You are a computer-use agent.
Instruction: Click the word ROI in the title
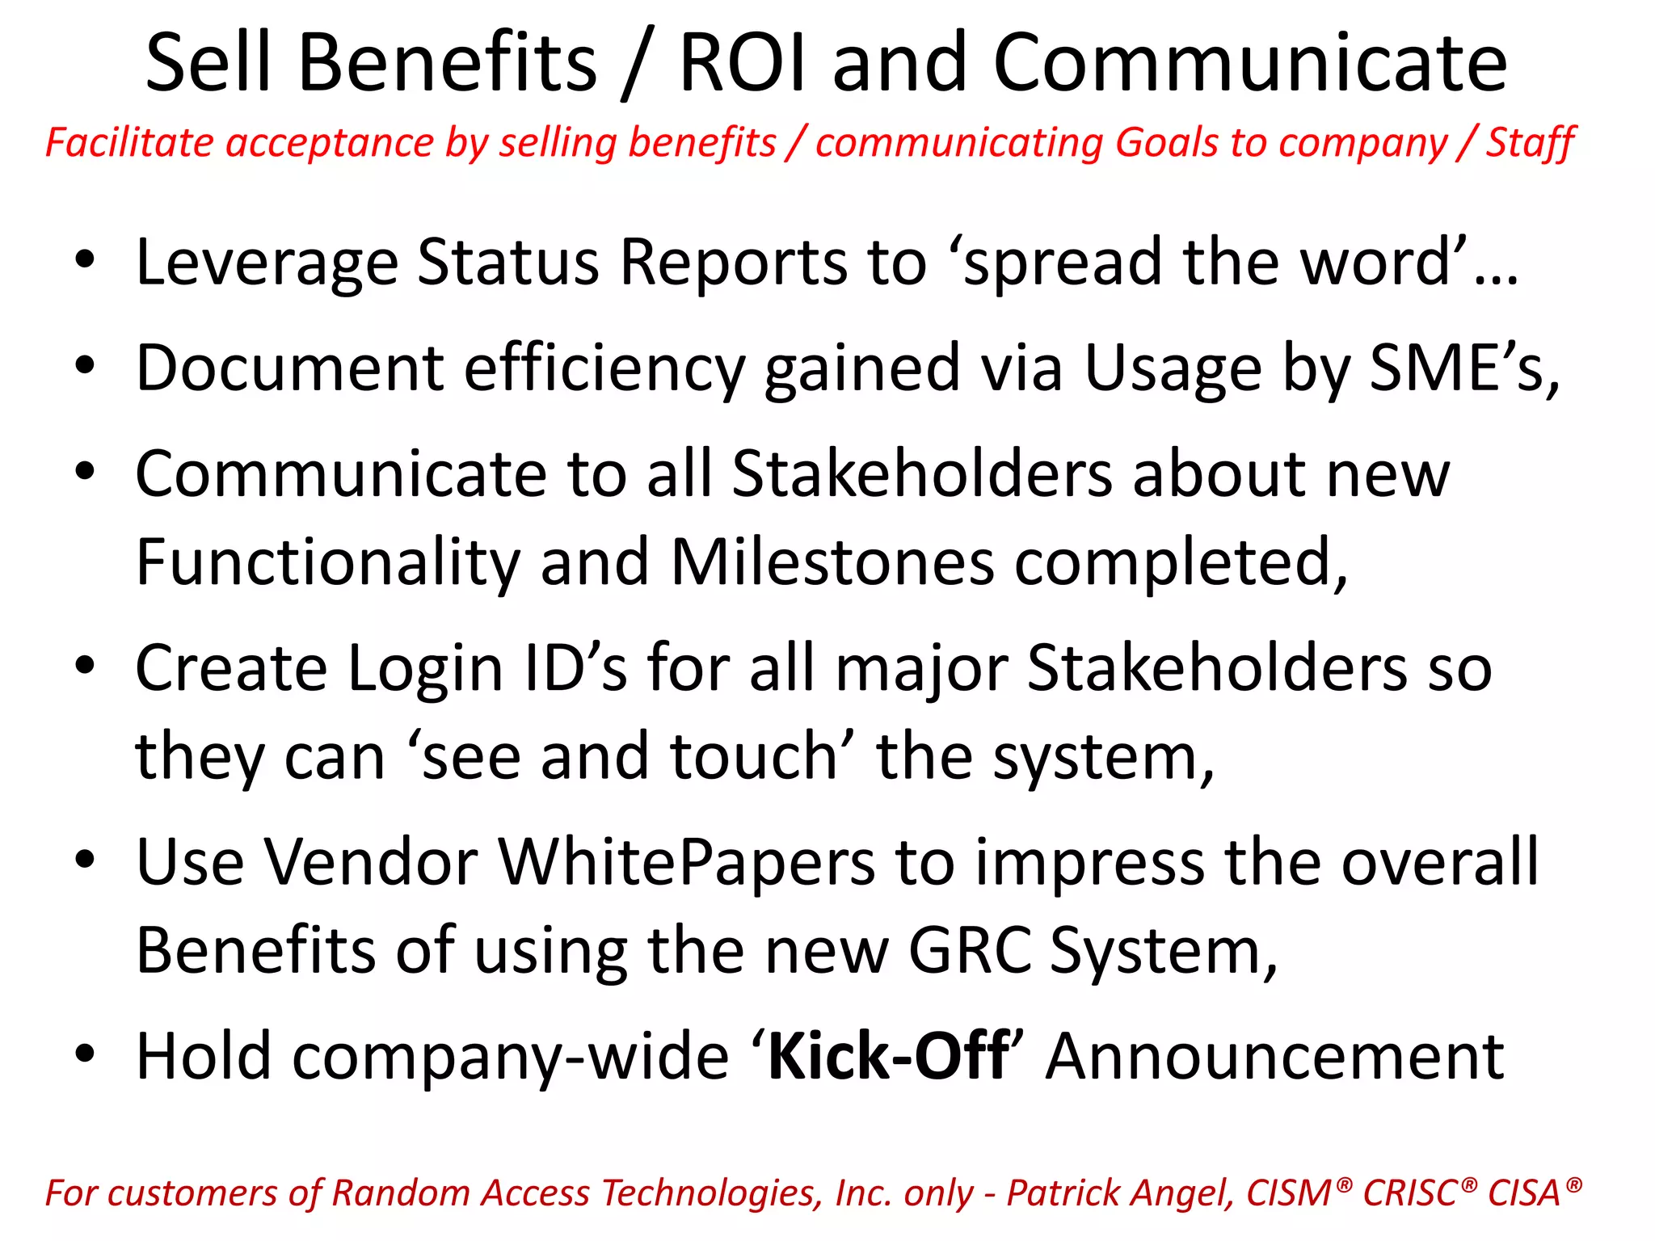[x=743, y=63]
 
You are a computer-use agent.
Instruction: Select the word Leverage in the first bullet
[x=267, y=263]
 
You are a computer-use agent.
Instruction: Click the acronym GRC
[x=971, y=951]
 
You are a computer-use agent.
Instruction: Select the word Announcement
[x=1274, y=1056]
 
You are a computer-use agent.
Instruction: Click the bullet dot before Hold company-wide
[x=86, y=1054]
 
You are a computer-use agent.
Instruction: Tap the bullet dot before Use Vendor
[x=86, y=860]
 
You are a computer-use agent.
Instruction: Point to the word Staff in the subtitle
[x=1530, y=143]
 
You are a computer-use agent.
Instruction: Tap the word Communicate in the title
[x=1249, y=63]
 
